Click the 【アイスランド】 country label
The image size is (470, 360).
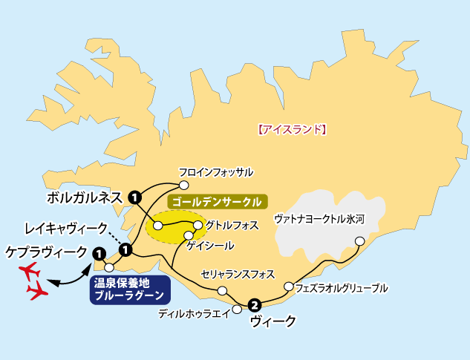click(292, 128)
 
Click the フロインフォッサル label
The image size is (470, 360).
click(216, 172)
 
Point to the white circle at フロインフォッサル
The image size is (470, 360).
click(185, 186)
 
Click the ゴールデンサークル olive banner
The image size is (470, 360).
click(215, 201)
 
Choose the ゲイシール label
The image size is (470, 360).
click(211, 245)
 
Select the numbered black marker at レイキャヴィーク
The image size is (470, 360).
click(125, 249)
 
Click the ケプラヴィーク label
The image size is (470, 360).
click(45, 252)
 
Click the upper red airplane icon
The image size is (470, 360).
click(30, 269)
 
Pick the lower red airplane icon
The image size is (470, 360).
click(36, 292)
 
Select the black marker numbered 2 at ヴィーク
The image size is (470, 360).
click(255, 304)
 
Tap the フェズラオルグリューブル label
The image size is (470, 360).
click(341, 287)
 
